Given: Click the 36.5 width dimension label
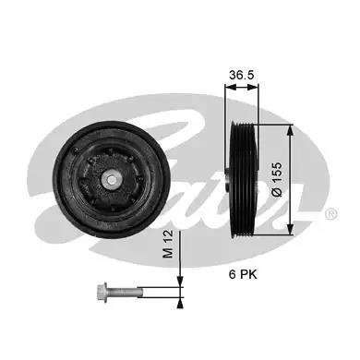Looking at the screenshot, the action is click(x=242, y=75).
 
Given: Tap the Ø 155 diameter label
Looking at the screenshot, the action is click(x=277, y=179).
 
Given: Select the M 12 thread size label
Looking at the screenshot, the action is click(x=168, y=244).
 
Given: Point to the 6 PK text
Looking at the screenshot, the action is click(x=243, y=274).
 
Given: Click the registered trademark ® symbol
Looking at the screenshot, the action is click(x=331, y=214).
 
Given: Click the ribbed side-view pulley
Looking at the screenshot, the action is click(x=244, y=179).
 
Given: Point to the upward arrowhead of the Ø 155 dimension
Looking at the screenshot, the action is click(x=290, y=130).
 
